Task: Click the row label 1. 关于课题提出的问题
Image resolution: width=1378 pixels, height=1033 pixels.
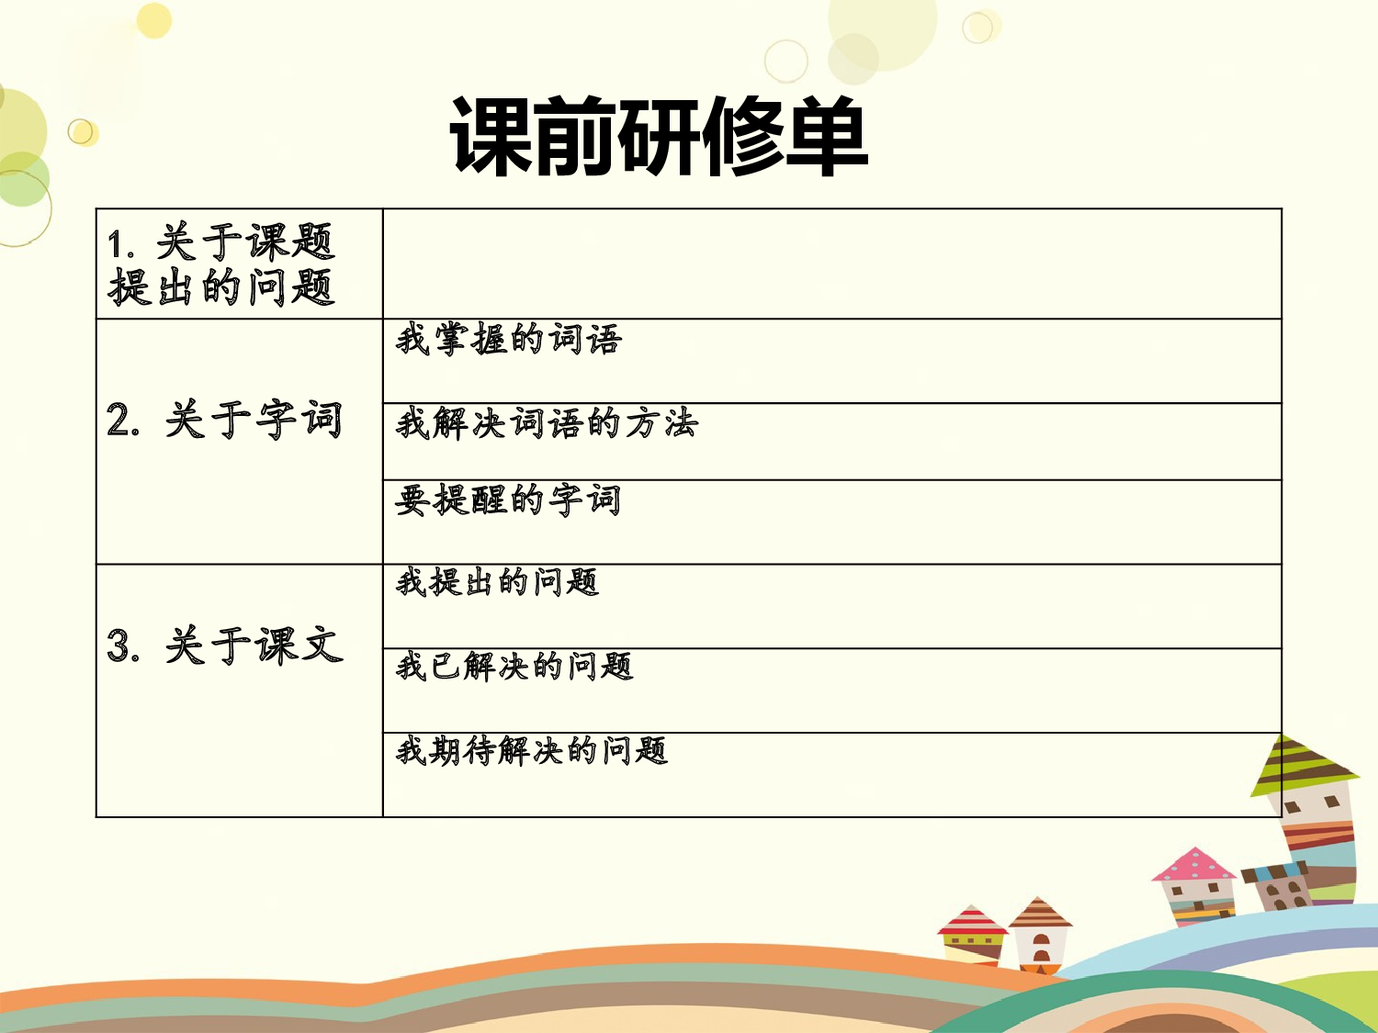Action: [x=220, y=264]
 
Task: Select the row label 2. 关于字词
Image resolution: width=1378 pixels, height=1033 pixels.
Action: [x=225, y=421]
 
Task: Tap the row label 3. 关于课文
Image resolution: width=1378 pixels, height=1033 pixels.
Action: [x=225, y=645]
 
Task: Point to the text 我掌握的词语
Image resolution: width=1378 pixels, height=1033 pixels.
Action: [x=509, y=340]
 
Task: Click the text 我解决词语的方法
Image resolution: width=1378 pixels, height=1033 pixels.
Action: [x=547, y=423]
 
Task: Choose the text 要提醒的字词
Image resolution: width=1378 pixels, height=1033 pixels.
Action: [x=508, y=500]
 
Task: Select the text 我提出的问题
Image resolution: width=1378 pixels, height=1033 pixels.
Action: [x=497, y=582]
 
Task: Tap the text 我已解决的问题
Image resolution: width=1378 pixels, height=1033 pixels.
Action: [x=514, y=666]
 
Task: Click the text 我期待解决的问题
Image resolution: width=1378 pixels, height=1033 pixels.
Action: [x=531, y=750]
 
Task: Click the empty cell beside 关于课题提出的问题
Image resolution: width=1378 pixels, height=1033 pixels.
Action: [x=831, y=264]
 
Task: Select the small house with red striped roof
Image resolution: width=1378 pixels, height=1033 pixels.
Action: [x=971, y=934]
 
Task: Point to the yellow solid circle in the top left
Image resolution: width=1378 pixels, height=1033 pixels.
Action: [x=154, y=20]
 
